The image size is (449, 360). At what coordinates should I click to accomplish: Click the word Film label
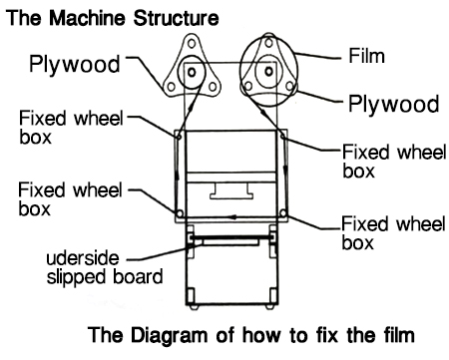point(366,56)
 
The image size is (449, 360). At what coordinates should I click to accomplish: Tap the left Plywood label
point(75,64)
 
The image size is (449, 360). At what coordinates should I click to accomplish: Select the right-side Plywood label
point(394,104)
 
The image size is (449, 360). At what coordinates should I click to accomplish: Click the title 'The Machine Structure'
point(113,18)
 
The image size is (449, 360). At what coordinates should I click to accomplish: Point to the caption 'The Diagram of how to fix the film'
point(251,334)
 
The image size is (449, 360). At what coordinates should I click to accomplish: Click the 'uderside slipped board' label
point(105,267)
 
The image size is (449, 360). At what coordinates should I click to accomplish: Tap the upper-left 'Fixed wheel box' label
point(71,128)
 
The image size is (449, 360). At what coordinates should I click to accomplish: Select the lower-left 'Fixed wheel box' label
point(70,199)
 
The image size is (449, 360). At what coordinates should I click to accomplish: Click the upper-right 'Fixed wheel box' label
point(394,162)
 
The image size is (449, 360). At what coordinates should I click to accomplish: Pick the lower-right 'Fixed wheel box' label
point(393,232)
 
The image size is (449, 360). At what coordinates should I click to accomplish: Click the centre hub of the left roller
point(192,72)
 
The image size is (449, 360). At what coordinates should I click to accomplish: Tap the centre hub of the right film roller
point(268,71)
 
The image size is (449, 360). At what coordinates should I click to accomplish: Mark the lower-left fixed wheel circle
point(180,213)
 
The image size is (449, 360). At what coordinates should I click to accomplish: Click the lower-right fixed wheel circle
point(283,212)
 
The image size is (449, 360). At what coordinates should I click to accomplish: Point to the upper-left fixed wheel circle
point(179,136)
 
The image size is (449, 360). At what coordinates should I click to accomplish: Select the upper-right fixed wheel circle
point(283,136)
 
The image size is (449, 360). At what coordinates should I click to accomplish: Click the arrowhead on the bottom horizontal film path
point(233,217)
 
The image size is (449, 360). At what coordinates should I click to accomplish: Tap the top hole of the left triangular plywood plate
point(192,43)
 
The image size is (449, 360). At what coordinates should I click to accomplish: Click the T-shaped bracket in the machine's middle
point(231,190)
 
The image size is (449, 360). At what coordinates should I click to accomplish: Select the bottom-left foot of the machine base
point(194,307)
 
